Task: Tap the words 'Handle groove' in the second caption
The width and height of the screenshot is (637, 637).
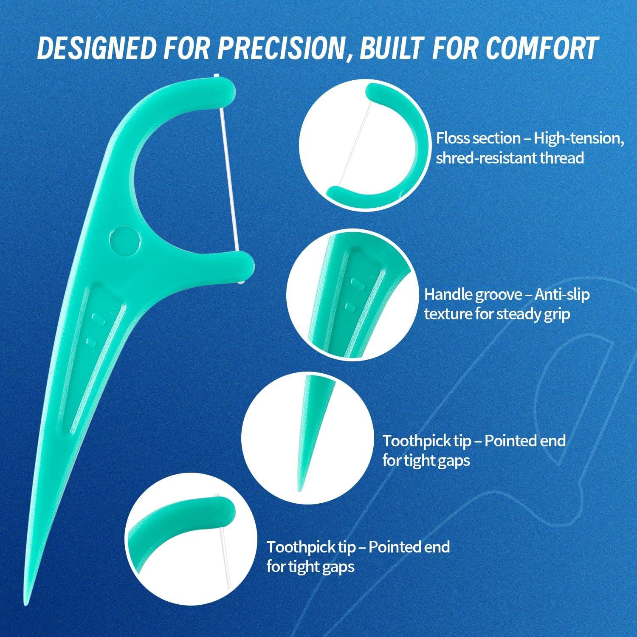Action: coord(473,294)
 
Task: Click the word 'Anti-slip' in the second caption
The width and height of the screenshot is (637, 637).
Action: coord(562,294)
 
